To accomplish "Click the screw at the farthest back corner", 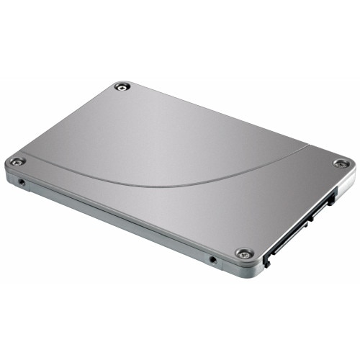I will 123,86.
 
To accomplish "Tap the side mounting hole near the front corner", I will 212,259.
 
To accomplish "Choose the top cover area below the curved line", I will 216,209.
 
